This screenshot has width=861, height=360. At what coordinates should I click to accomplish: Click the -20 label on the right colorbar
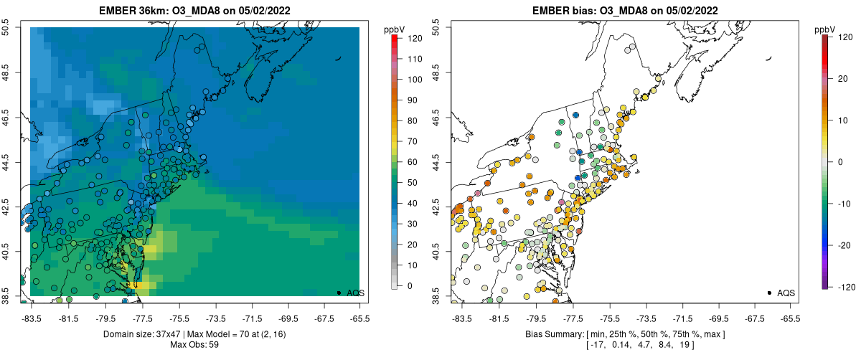[x=845, y=245]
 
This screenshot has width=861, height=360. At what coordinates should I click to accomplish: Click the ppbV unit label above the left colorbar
[x=394, y=29]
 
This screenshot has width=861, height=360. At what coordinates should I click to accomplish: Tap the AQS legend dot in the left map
[x=338, y=293]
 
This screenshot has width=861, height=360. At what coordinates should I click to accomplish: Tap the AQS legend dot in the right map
[x=768, y=293]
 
